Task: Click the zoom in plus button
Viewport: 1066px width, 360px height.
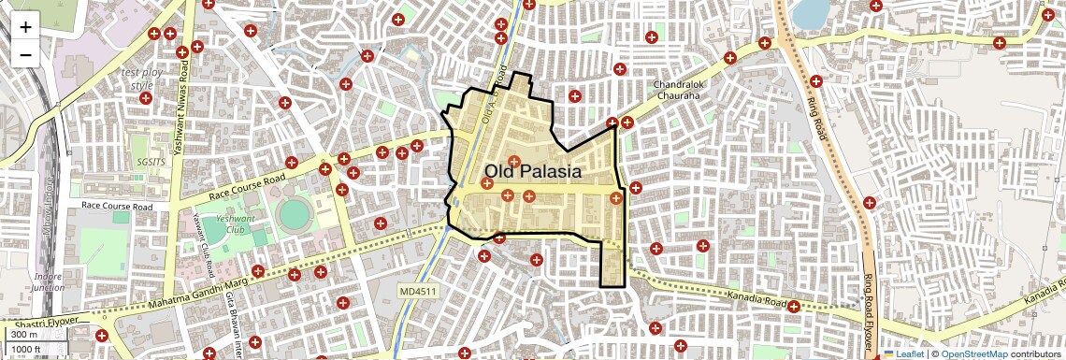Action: click(x=25, y=27)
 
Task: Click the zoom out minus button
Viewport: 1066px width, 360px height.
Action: click(x=25, y=55)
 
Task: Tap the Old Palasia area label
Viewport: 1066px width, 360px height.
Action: click(x=533, y=172)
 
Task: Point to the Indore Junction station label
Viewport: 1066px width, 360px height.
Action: click(x=48, y=282)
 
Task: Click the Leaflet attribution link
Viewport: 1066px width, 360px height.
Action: click(x=903, y=353)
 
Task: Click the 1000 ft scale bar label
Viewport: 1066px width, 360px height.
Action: click(x=27, y=349)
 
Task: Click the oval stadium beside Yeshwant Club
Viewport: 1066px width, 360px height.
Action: click(x=294, y=214)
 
